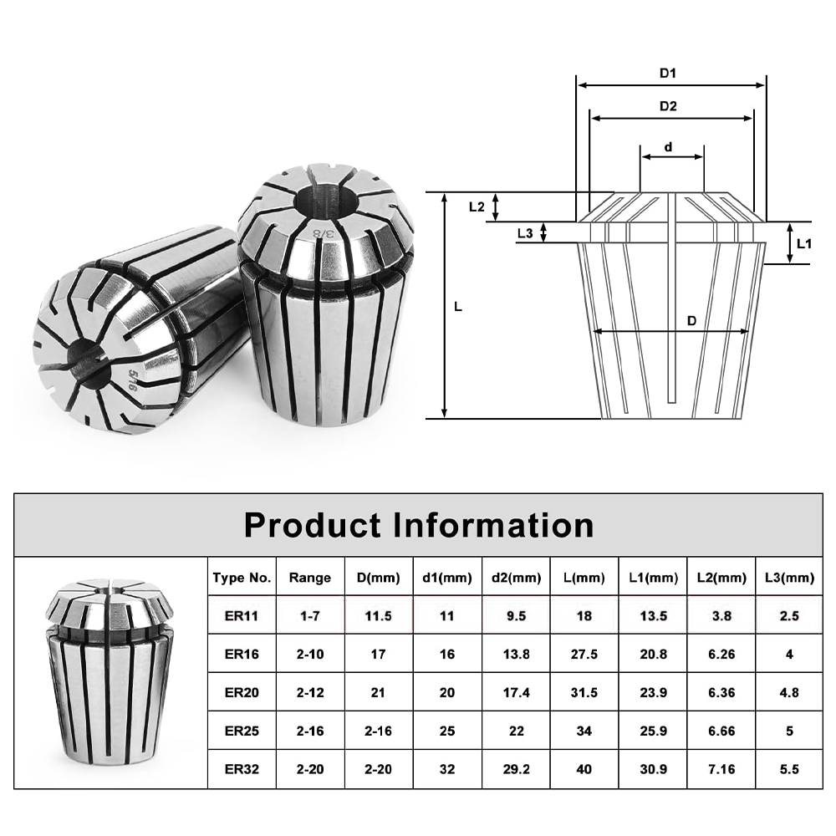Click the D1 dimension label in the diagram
(667, 73)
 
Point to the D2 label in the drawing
(667, 106)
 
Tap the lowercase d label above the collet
(668, 147)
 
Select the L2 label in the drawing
(477, 206)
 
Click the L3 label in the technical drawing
(525, 233)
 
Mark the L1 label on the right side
(804, 244)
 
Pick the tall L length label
(458, 307)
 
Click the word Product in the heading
(313, 525)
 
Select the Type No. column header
(242, 577)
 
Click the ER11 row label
(242, 616)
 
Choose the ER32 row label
(242, 769)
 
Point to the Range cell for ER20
(309, 692)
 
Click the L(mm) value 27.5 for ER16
(584, 655)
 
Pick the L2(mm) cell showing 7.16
(721, 769)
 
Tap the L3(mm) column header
(789, 577)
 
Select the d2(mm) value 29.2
(516, 769)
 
